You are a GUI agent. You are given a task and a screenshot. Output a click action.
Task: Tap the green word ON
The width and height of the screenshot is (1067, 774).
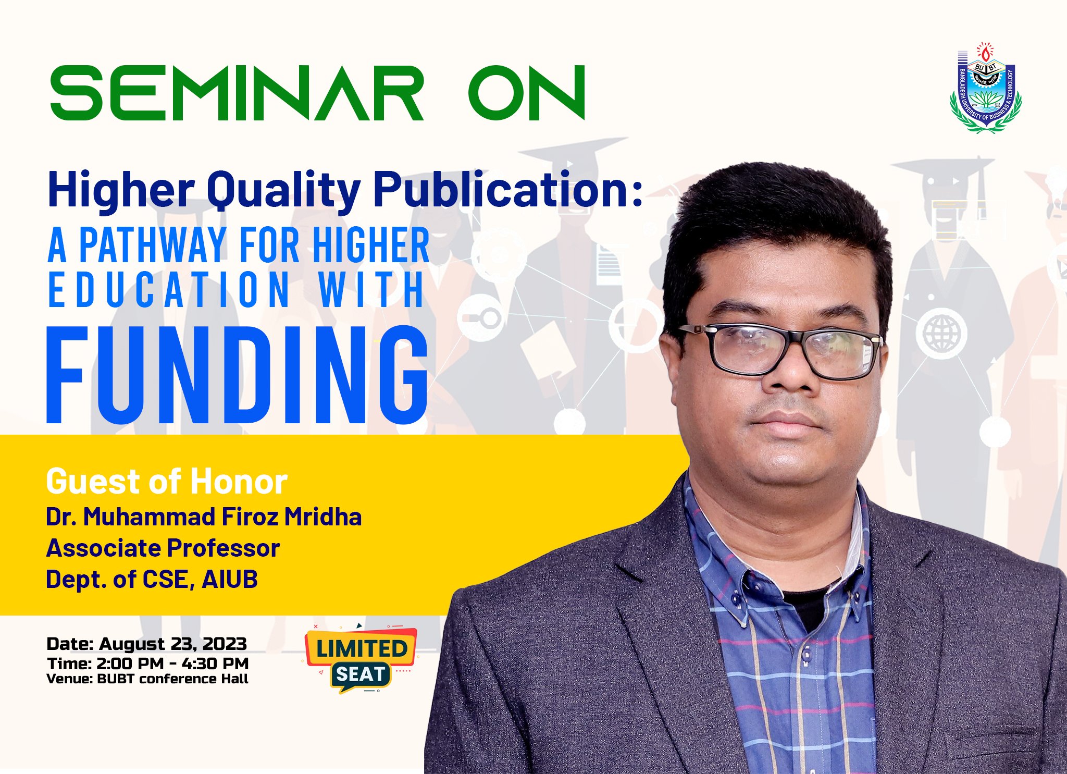(527, 93)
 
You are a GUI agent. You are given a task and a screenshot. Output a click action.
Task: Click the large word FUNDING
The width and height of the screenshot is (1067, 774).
(238, 374)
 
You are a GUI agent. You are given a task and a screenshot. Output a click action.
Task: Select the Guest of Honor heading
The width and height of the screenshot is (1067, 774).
(167, 481)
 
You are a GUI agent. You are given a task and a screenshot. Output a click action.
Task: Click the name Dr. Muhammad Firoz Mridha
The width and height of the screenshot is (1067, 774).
(204, 517)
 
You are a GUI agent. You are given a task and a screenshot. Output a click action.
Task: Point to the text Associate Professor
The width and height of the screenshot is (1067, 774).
(163, 548)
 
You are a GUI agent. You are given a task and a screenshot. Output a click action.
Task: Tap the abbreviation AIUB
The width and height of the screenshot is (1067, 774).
(230, 579)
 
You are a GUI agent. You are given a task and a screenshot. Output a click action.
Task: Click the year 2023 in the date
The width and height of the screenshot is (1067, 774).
(225, 644)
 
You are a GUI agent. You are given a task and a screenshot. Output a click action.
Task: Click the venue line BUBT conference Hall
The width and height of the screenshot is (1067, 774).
(172, 679)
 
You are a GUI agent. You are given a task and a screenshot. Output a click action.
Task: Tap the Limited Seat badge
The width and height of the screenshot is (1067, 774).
(361, 659)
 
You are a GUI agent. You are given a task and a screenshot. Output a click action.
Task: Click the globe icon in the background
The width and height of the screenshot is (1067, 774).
(941, 333)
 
